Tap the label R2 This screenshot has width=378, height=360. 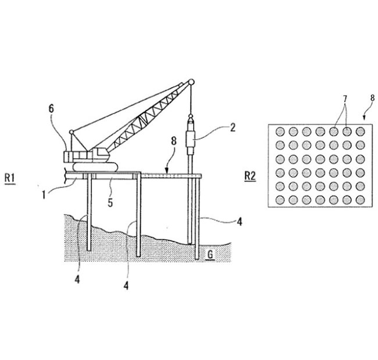click(249, 176)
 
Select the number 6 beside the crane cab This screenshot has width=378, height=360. click(51, 109)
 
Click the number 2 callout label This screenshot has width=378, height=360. click(233, 127)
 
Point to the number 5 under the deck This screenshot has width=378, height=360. click(110, 203)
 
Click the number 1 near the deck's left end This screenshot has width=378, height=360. click(44, 195)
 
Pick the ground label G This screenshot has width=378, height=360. click(210, 254)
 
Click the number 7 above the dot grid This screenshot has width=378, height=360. click(345, 99)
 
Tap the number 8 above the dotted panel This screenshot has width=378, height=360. click(372, 98)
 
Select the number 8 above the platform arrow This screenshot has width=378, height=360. click(174, 141)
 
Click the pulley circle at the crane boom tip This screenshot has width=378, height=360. click(191, 82)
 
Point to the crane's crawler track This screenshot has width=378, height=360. click(95, 167)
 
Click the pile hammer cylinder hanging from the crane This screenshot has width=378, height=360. click(191, 138)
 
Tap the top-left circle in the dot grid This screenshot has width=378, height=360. click(280, 131)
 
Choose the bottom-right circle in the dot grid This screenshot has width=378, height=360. click(361, 200)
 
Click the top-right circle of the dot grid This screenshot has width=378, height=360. click(361, 131)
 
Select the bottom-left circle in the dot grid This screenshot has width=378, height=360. click(280, 200)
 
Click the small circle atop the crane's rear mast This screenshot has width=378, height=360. click(72, 132)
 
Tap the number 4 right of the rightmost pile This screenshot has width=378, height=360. click(239, 222)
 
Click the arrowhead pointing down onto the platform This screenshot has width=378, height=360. click(167, 172)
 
